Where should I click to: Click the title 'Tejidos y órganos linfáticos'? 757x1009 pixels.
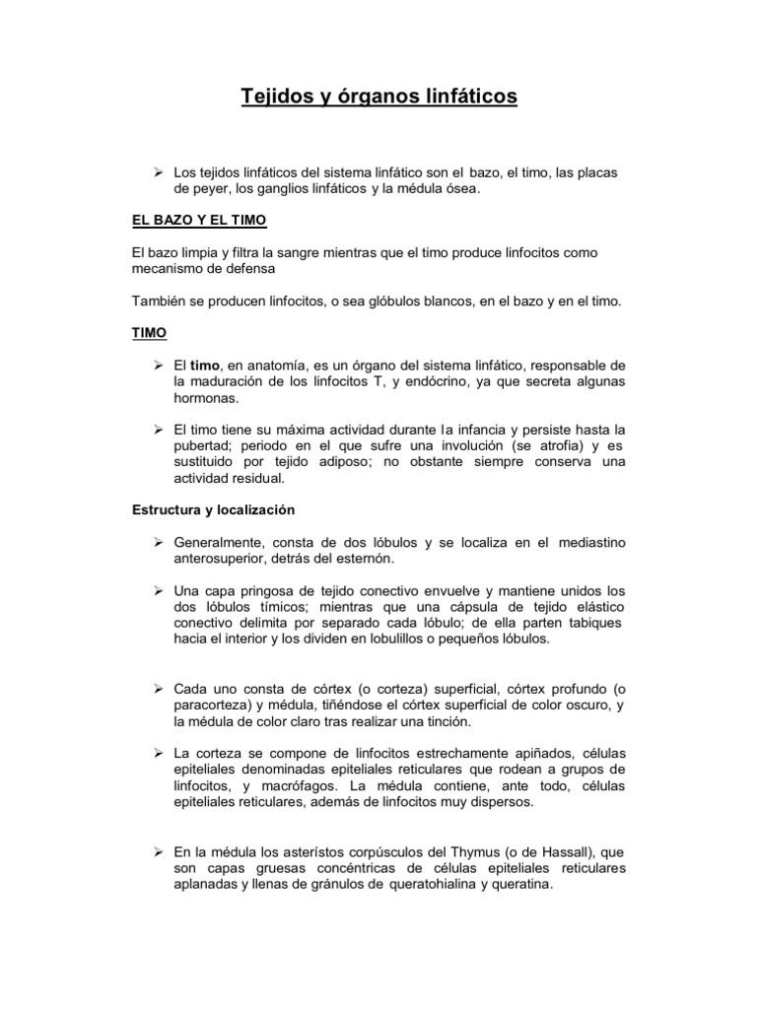378,97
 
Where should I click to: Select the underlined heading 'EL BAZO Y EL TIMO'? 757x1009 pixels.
198,218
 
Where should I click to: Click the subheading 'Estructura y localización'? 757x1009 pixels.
213,510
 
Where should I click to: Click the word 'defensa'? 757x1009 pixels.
249,268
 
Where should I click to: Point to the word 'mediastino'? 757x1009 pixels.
591,543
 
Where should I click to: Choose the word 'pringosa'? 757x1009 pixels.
262,591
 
